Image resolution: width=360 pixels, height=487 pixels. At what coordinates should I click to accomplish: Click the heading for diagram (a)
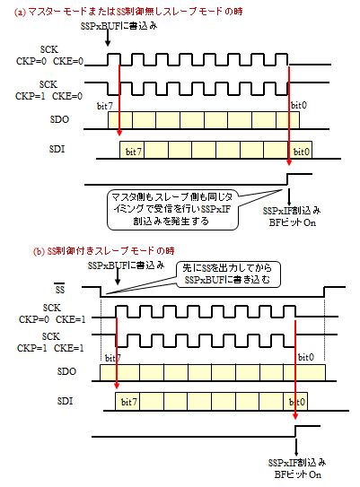[x=128, y=12]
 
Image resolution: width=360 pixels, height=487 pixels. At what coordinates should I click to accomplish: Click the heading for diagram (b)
[x=103, y=251]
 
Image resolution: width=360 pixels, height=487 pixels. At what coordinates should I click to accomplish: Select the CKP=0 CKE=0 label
[x=50, y=61]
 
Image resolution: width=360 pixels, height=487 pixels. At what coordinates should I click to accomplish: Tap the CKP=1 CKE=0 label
[x=49, y=96]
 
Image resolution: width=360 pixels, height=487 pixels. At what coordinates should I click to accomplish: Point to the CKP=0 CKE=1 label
[x=52, y=319]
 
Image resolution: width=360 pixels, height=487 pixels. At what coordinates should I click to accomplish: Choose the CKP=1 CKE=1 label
[x=50, y=348]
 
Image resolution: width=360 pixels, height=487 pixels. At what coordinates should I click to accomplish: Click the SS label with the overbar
[x=59, y=289]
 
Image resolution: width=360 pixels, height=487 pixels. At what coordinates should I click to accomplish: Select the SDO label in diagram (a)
[x=59, y=119]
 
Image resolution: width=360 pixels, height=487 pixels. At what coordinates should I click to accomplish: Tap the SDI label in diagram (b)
[x=65, y=401]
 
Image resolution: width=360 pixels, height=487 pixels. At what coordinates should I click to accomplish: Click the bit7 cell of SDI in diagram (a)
[x=132, y=150]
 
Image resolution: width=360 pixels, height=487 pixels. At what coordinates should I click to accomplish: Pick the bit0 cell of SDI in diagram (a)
[x=301, y=150]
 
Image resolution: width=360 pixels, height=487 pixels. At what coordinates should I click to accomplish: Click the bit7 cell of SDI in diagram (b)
[x=127, y=402]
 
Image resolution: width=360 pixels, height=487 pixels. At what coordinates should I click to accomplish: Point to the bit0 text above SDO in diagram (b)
[x=306, y=358]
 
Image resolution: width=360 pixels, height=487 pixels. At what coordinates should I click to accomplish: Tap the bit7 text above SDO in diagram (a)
[x=105, y=106]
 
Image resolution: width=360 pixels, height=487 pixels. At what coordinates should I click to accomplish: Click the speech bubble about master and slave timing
[x=172, y=210]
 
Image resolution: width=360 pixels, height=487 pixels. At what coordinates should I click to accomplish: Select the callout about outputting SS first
[x=228, y=274]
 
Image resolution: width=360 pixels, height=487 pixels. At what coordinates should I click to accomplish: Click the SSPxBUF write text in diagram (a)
[x=119, y=26]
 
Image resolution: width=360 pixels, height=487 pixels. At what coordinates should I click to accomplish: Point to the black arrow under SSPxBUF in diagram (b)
[x=118, y=277]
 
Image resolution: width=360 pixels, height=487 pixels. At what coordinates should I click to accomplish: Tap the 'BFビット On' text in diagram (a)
[x=293, y=222]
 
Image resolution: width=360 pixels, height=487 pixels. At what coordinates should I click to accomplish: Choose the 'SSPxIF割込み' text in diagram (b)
[x=297, y=463]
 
